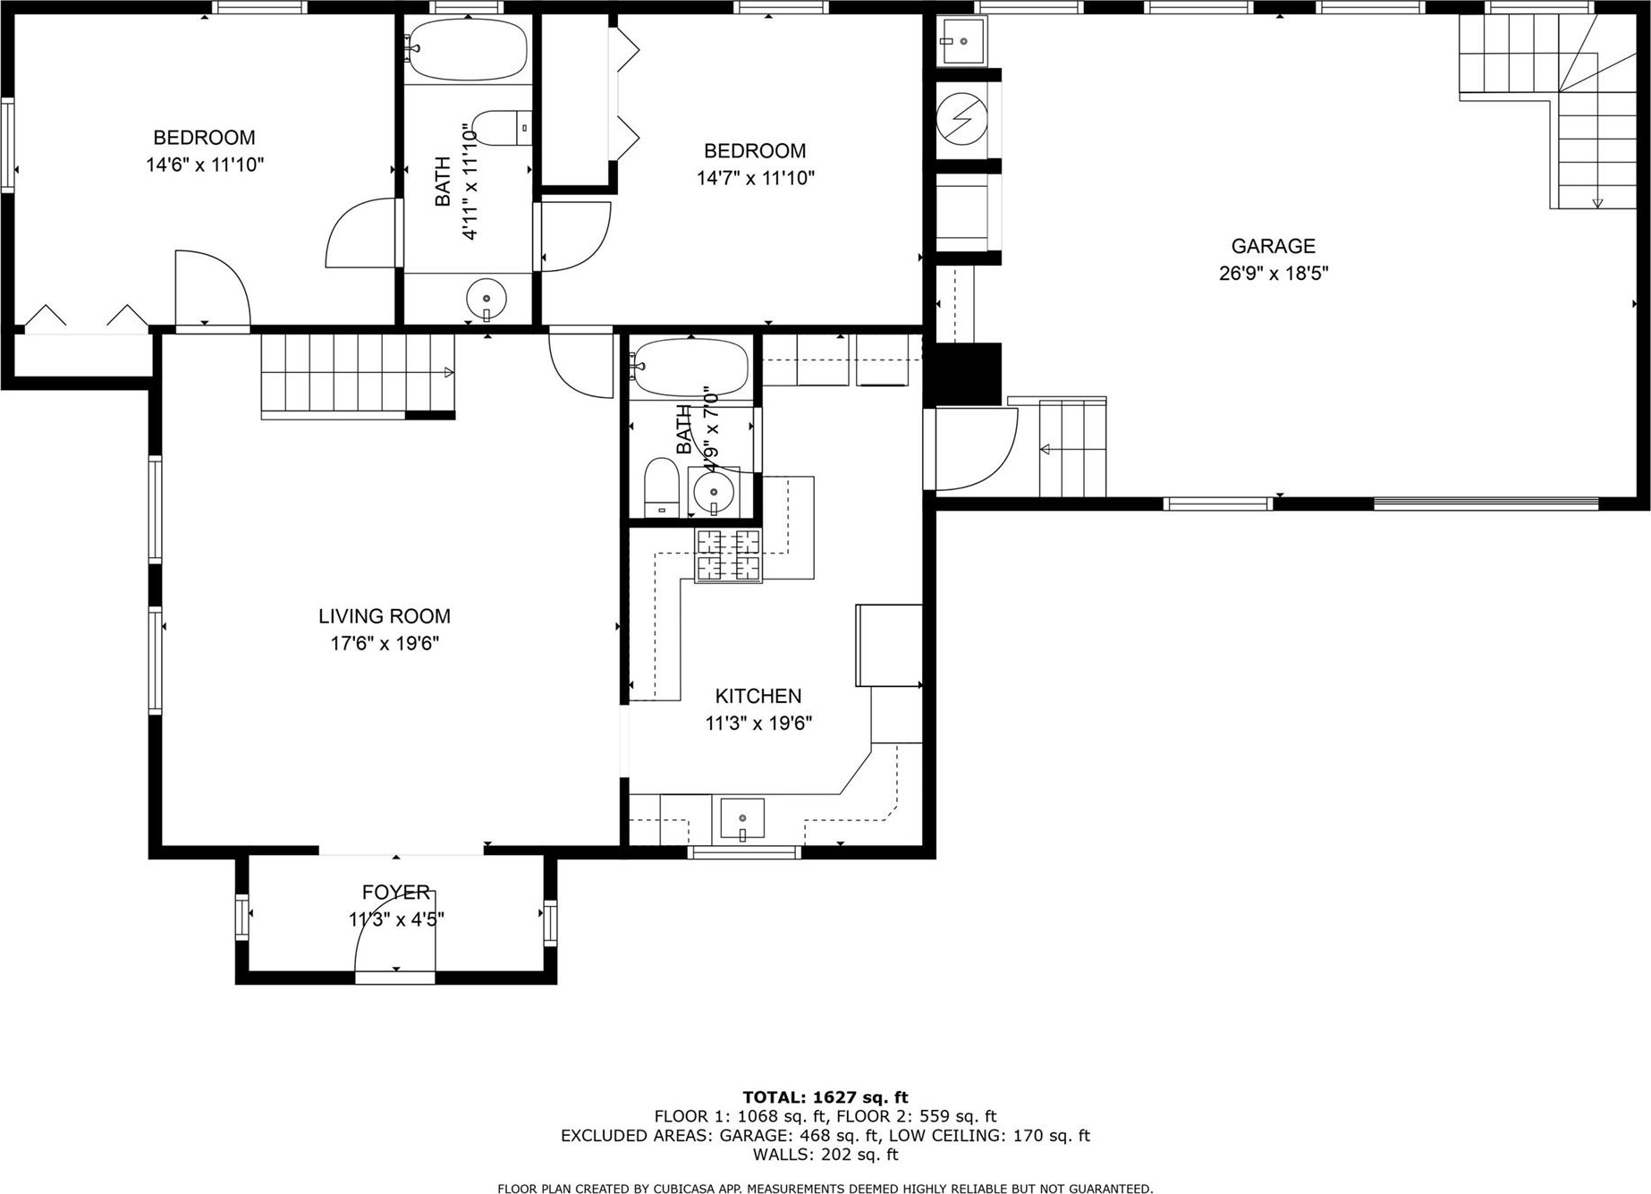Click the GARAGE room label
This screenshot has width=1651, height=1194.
(x=1273, y=246)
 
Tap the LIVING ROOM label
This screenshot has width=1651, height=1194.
(x=385, y=616)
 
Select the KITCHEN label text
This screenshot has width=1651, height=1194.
(x=758, y=696)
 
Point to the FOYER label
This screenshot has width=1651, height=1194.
(x=396, y=892)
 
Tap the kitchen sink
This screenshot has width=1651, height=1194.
(x=742, y=819)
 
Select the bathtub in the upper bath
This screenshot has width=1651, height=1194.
(x=467, y=49)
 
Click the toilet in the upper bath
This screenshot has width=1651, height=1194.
(x=502, y=128)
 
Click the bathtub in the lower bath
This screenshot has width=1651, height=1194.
(x=689, y=368)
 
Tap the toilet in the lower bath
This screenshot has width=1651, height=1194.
(x=662, y=487)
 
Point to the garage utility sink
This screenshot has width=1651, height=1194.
(x=962, y=41)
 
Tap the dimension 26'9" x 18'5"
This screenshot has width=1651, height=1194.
(x=1274, y=274)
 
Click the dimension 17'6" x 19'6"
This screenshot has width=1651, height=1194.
(x=385, y=644)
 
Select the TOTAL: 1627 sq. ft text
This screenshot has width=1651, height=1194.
(x=825, y=1097)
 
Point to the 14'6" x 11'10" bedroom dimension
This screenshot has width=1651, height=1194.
(x=205, y=165)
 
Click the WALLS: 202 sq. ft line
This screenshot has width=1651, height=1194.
(x=825, y=1155)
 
